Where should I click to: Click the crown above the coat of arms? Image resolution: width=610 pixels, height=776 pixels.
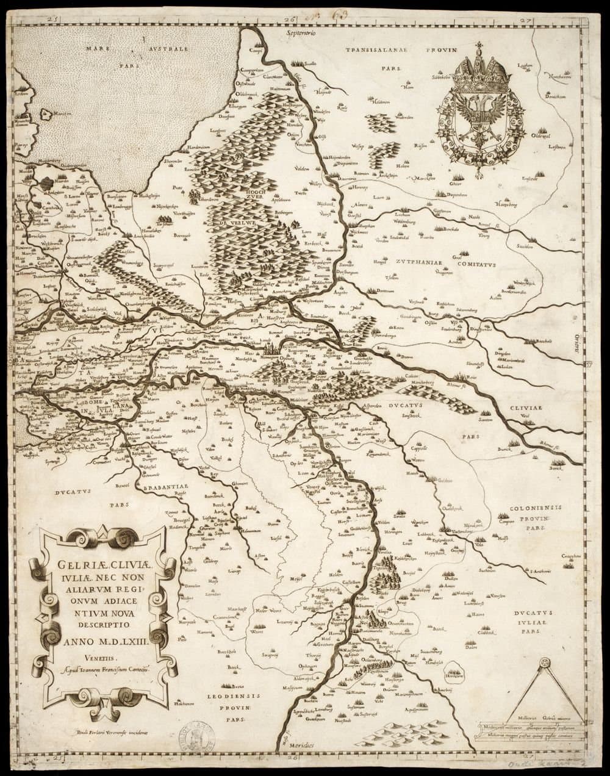tap(478, 67)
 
